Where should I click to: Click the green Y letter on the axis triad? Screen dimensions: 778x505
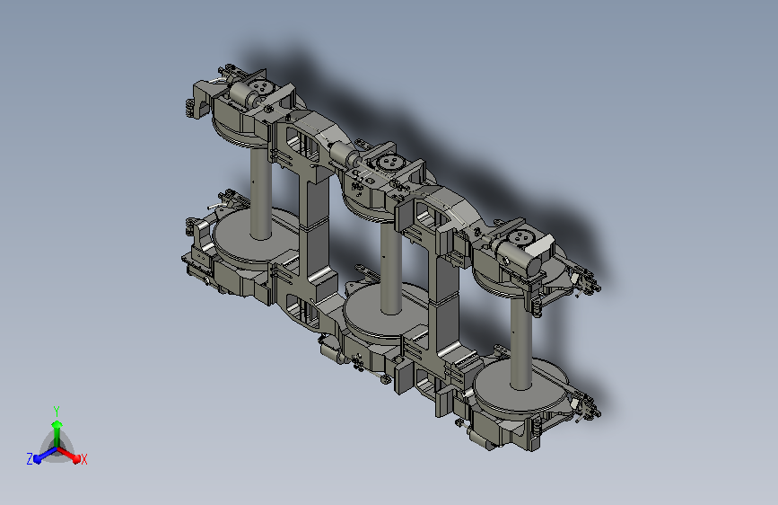pyautogui.click(x=57, y=411)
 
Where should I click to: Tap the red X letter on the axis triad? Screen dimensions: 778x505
pyautogui.click(x=83, y=460)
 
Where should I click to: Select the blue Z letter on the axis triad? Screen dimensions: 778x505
pyautogui.click(x=30, y=459)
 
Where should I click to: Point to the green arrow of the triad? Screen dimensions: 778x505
pyautogui.click(x=57, y=434)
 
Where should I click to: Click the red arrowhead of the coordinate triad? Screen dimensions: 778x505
pyautogui.click(x=76, y=458)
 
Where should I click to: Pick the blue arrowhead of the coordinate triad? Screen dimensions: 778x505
pyautogui.click(x=38, y=458)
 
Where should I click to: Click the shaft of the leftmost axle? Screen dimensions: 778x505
pyautogui.click(x=260, y=194)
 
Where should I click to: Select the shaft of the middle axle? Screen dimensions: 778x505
pyautogui.click(x=391, y=269)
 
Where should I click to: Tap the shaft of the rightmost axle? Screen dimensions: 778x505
pyautogui.click(x=521, y=343)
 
